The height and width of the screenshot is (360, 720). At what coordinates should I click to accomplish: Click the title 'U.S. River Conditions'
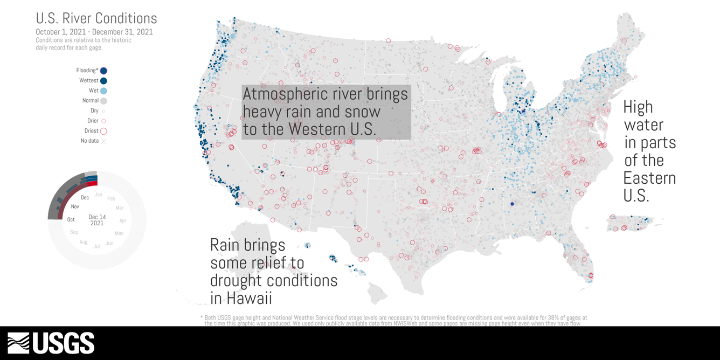pos(96,18)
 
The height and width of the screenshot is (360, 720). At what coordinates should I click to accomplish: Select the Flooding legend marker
pos(103,71)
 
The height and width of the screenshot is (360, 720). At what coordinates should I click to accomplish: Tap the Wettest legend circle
pos(103,81)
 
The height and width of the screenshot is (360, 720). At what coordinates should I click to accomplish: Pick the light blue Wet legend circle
pos(103,91)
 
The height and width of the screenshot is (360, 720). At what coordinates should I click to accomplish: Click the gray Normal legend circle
pos(103,101)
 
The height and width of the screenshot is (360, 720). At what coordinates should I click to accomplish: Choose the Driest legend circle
pos(103,131)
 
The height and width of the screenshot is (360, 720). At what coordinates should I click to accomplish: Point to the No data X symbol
pos(103,141)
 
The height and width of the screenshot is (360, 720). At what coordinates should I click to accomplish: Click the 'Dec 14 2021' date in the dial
pos(97,220)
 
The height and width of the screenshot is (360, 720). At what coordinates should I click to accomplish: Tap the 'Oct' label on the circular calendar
pos(71,219)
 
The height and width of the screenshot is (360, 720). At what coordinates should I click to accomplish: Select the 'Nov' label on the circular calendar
pos(75,206)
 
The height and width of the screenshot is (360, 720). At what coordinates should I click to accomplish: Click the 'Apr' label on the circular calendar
pos(122,220)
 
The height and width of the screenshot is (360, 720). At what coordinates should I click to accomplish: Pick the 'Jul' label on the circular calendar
pos(96,246)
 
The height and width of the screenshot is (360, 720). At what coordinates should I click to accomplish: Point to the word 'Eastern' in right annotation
pos(649,178)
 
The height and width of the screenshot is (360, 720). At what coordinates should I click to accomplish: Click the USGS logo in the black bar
pos(51,343)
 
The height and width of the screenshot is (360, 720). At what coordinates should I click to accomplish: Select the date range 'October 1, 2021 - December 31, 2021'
pos(94,32)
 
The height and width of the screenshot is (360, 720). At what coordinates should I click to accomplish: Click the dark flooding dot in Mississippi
pos(511,204)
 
